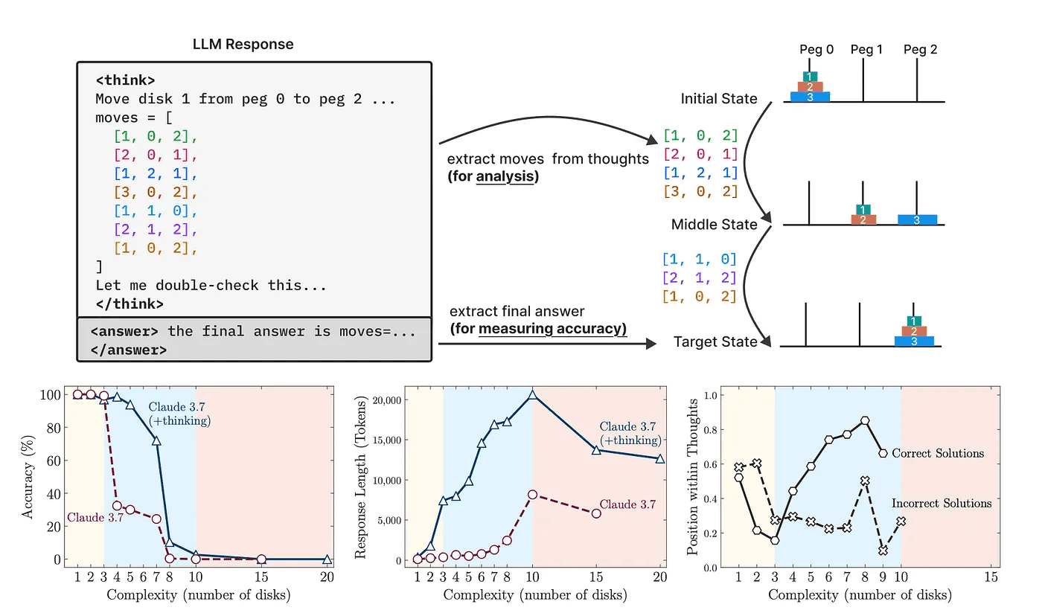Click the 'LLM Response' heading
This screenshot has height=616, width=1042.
[x=243, y=44]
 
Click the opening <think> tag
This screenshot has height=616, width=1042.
[x=125, y=79]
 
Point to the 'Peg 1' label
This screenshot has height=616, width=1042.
[x=866, y=50]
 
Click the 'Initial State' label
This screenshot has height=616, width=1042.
[x=718, y=99]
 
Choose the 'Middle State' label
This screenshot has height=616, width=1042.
[x=714, y=224]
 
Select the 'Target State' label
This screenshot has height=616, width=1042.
[x=715, y=342]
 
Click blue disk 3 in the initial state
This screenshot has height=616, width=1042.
[x=810, y=97]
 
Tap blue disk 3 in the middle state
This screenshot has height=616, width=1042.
[x=916, y=219]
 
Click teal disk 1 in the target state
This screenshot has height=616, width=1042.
[x=914, y=321]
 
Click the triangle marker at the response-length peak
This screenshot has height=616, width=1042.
[x=532, y=395]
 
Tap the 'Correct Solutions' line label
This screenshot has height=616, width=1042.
[x=937, y=453]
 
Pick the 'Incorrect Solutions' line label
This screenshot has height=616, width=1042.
[x=942, y=504]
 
